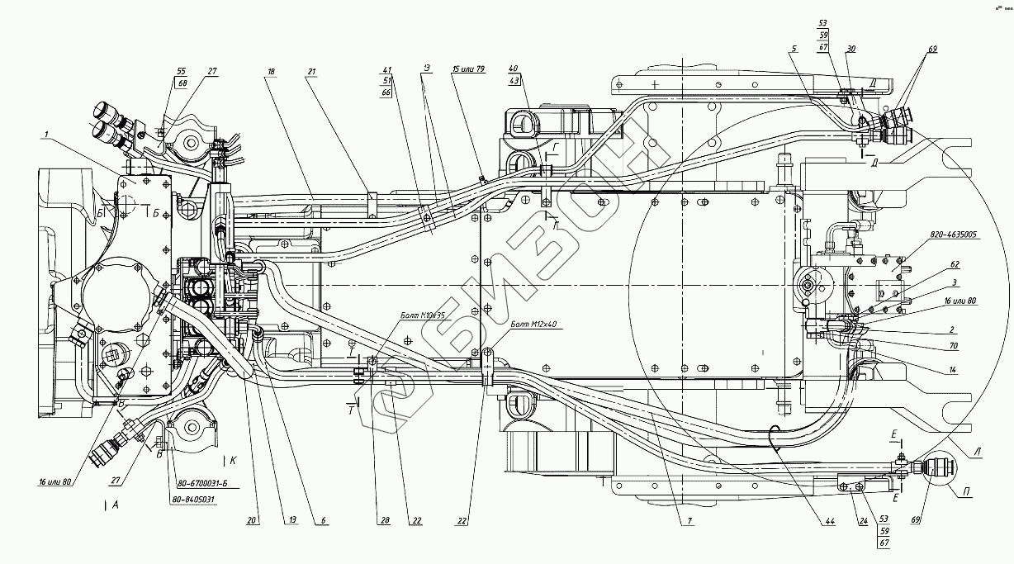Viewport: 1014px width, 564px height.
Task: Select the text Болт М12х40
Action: (x=537, y=325)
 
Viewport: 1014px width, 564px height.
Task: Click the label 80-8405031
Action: (x=193, y=500)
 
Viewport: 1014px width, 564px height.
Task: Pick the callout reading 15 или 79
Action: (x=467, y=71)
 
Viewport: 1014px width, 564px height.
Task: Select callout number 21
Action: (x=312, y=72)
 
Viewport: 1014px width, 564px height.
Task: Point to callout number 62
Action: (x=955, y=266)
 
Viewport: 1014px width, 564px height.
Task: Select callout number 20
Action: (x=251, y=521)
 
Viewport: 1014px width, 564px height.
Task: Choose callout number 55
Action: (x=181, y=72)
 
